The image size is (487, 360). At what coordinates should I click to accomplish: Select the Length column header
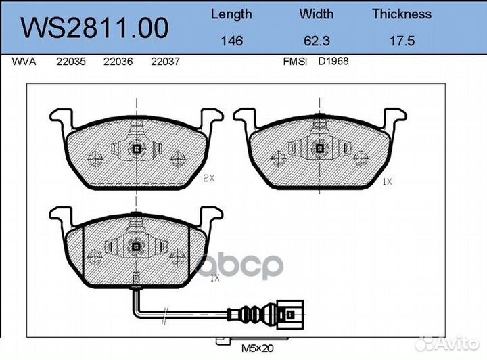231,14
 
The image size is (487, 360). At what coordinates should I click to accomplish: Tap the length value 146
232,41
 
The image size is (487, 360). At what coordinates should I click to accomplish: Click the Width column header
316,14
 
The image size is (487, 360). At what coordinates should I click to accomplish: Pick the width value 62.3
316,41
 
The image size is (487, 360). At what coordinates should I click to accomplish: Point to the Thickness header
402,14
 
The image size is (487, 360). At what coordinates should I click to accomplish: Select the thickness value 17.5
402,41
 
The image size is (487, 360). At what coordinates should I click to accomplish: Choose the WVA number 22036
118,62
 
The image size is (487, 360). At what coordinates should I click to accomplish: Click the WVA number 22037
164,62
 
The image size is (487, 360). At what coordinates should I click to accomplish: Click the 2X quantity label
208,179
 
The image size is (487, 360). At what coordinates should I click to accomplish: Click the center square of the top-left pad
137,149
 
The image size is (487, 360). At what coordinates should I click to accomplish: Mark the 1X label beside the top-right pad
387,181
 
